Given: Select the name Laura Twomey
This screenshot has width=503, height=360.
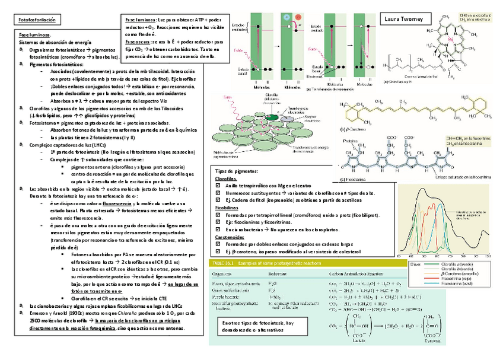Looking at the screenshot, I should [x=404, y=20].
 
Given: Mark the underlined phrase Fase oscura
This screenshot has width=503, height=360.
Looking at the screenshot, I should [x=138, y=43].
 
